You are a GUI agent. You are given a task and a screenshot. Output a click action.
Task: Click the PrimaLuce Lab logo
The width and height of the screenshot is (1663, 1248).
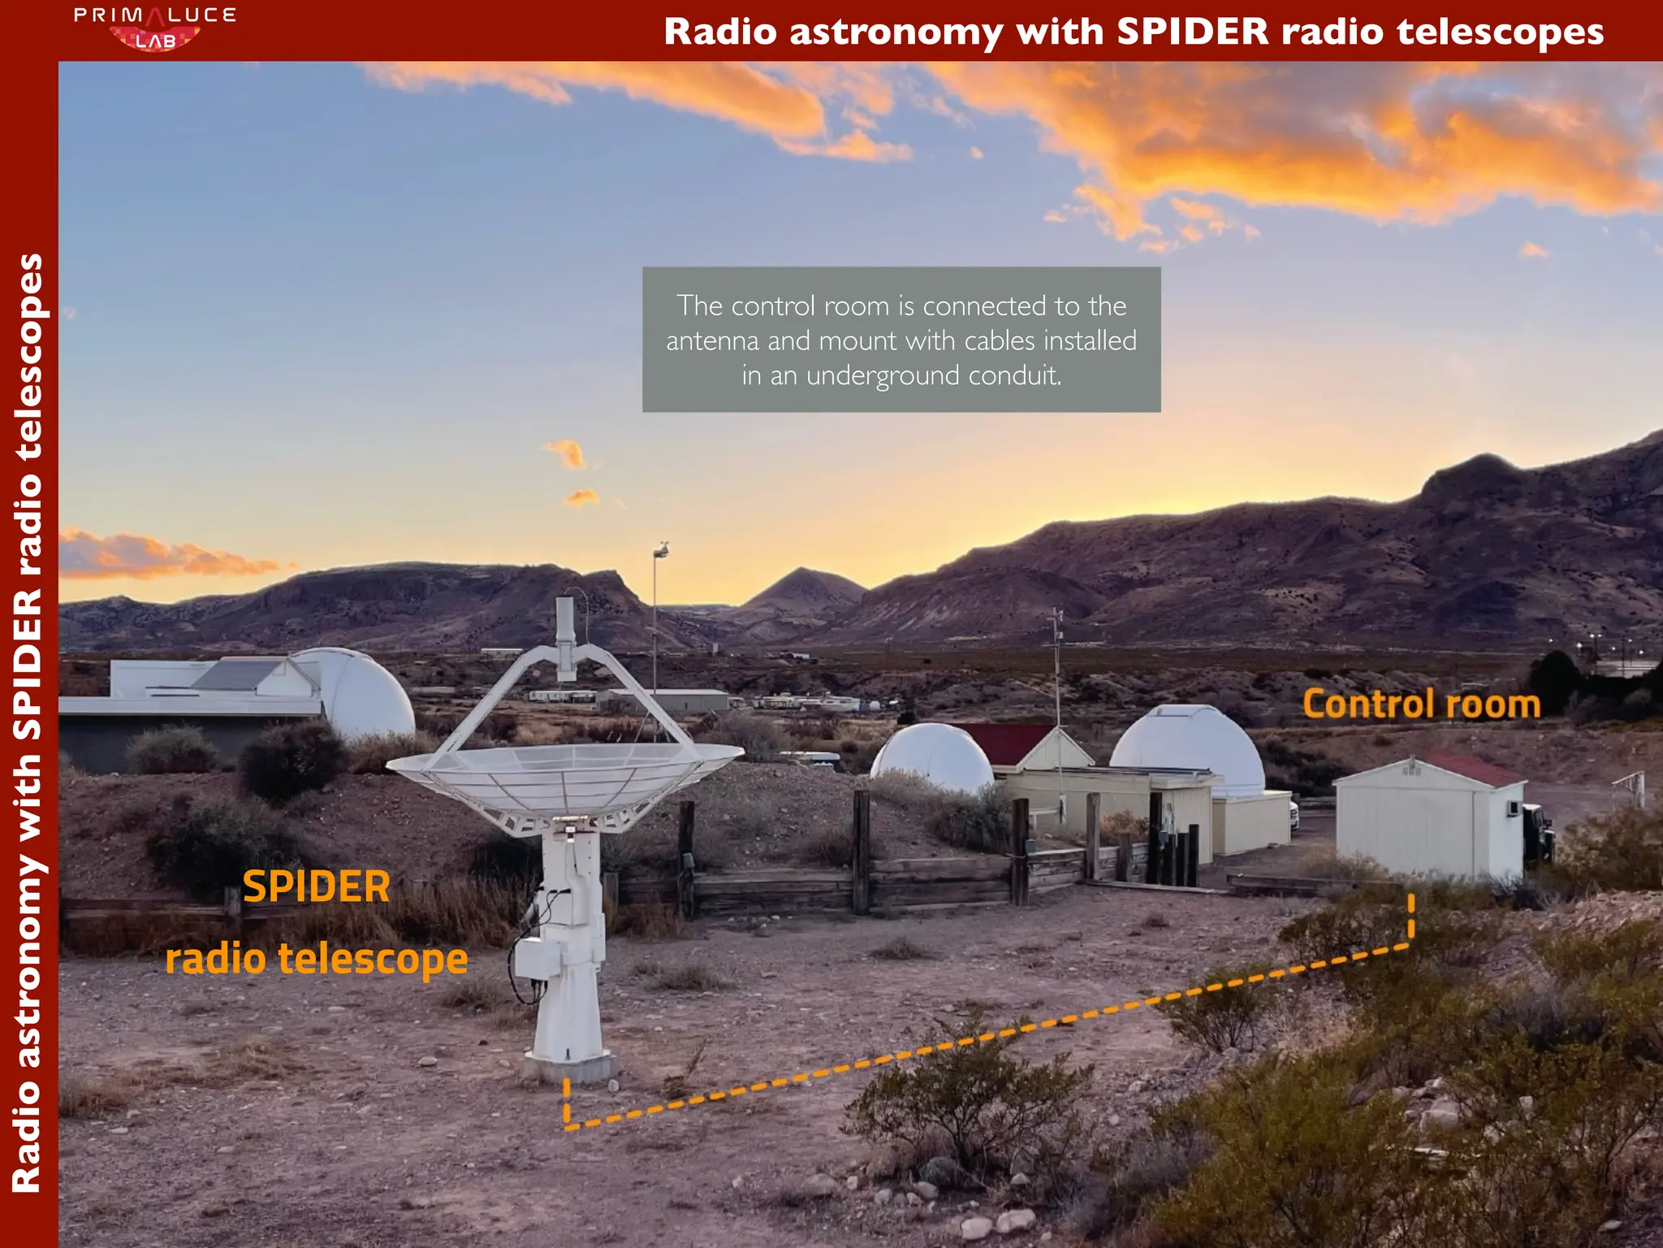(154, 28)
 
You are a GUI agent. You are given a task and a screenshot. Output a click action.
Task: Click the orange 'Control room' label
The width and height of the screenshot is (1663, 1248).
(1421, 704)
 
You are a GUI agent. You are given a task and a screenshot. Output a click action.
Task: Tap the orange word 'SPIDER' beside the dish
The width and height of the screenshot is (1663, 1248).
(317, 886)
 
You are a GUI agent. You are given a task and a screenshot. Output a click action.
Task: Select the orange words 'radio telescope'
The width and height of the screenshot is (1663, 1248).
(317, 959)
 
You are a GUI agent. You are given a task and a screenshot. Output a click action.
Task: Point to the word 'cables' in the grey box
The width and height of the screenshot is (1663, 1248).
(999, 340)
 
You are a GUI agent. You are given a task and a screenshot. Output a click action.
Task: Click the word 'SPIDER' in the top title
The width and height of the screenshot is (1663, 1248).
(1192, 32)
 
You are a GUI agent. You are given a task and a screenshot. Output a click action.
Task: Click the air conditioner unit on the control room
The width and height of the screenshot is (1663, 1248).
(1513, 808)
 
